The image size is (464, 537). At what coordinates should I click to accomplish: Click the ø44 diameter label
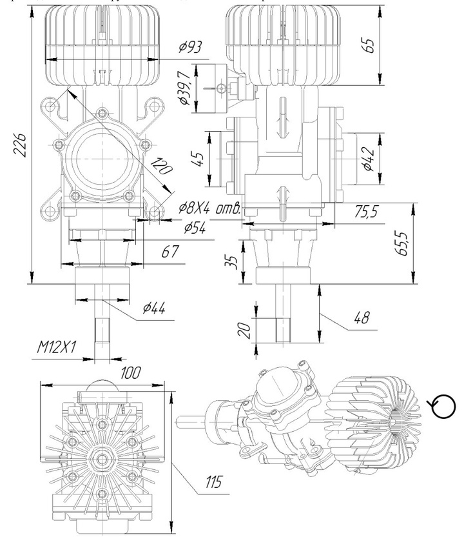click(155, 309)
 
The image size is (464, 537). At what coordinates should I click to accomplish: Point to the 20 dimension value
click(243, 330)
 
